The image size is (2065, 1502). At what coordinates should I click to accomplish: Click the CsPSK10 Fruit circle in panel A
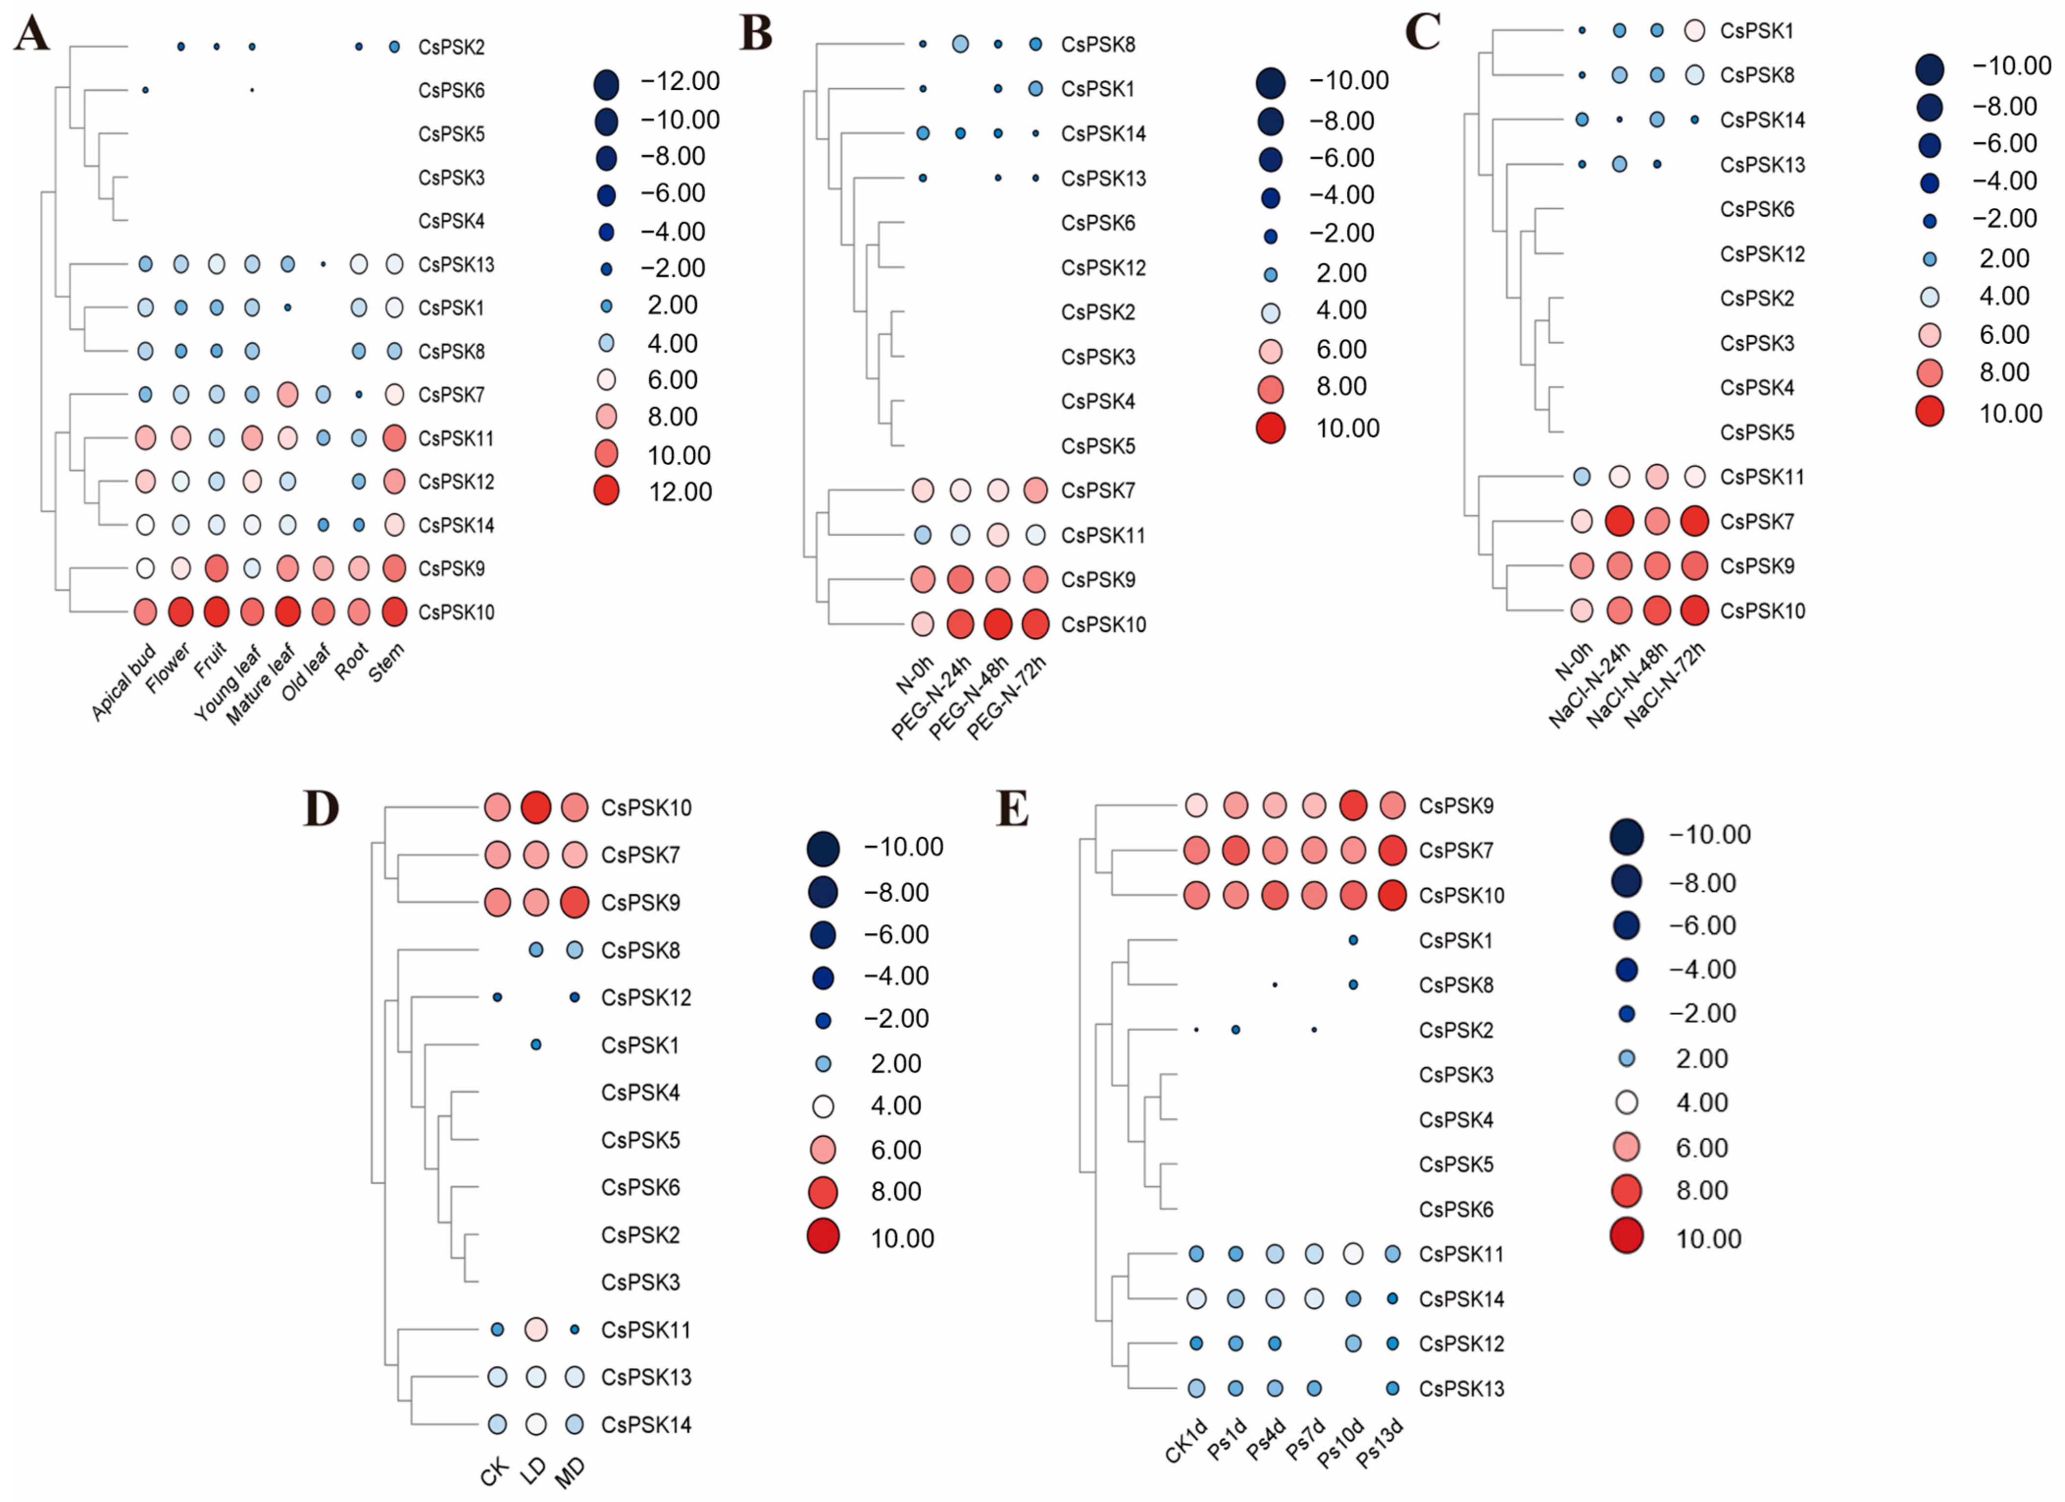(x=216, y=612)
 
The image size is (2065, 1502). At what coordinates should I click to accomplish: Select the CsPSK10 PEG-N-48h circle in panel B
(x=998, y=625)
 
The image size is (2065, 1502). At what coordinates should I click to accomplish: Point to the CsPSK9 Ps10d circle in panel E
(x=1353, y=805)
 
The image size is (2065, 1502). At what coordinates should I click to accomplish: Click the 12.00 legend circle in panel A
(x=606, y=492)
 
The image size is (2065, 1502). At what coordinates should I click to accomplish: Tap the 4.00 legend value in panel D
(x=896, y=1106)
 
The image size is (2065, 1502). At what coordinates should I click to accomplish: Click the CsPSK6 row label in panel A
(x=452, y=90)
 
